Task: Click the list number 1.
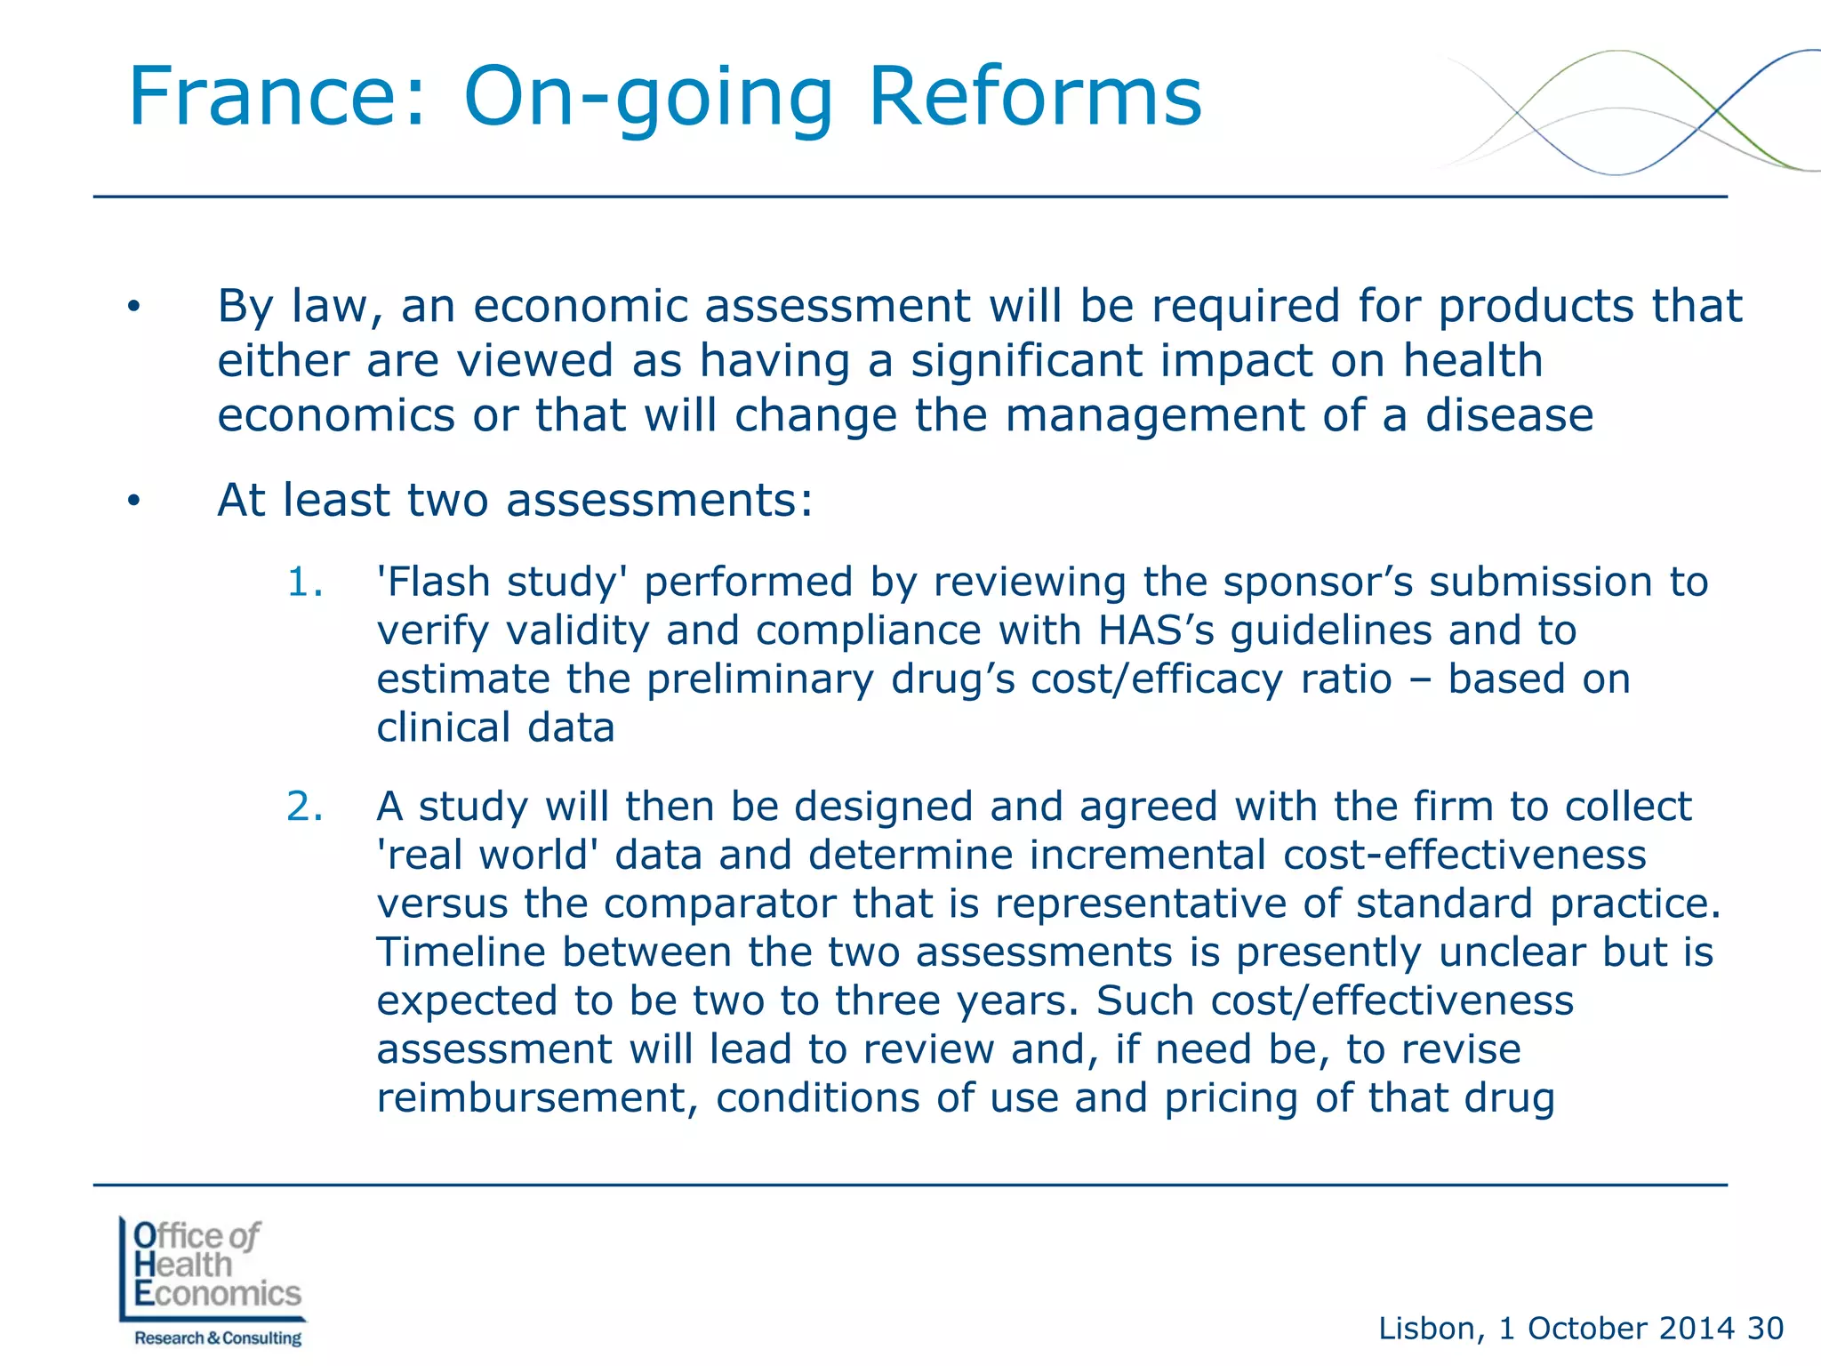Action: (x=303, y=583)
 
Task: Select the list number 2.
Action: (x=304, y=807)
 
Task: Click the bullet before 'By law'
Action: (x=133, y=308)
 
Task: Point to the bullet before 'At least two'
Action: (x=133, y=502)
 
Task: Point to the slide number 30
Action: (x=1765, y=1329)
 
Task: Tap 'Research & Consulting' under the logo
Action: (x=218, y=1338)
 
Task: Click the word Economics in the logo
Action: (x=218, y=1294)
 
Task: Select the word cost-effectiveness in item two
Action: (x=1464, y=856)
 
